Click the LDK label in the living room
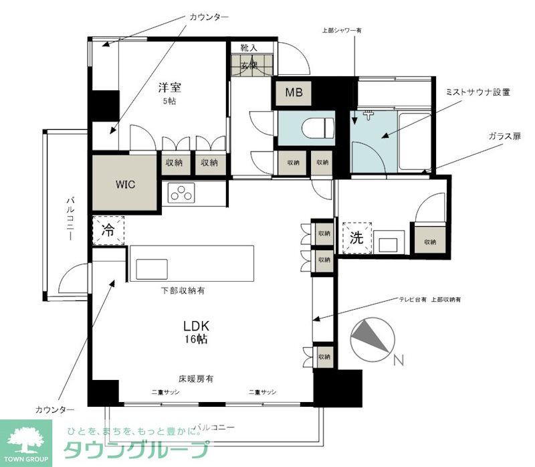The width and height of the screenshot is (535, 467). pyautogui.click(x=197, y=326)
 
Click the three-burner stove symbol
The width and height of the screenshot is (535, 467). pyautogui.click(x=181, y=192)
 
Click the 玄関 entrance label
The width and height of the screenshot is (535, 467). pyautogui.click(x=249, y=66)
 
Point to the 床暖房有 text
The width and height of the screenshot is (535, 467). pyautogui.click(x=195, y=379)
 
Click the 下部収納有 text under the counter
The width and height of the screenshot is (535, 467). pyautogui.click(x=183, y=291)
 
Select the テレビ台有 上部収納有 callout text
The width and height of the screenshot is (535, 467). pyautogui.click(x=429, y=300)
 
